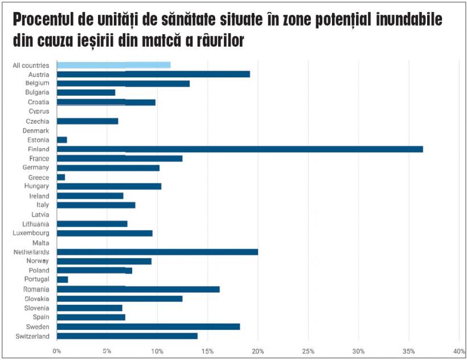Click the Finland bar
(240, 149)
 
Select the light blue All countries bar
(113, 65)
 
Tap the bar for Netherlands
(157, 252)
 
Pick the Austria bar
(153, 74)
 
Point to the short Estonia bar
(62, 140)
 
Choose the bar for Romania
(138, 289)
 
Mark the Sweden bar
(148, 326)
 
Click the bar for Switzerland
(127, 336)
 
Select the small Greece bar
(61, 177)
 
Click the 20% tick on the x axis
(258, 351)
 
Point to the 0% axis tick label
(57, 351)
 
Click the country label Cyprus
(39, 112)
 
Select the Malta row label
(40, 243)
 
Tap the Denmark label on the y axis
(35, 130)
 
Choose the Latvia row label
(40, 215)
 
